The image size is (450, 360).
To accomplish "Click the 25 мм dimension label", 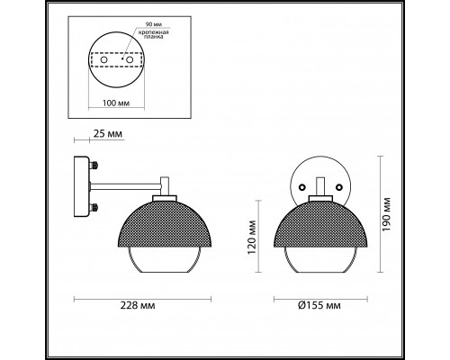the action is click(x=108, y=133).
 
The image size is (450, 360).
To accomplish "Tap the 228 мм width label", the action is click(x=138, y=305).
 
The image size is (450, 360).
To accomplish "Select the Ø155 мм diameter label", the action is click(x=319, y=305).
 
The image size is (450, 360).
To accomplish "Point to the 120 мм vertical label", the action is click(x=251, y=238).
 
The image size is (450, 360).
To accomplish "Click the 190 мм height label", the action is click(x=386, y=214).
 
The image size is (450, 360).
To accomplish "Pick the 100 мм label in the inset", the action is click(x=116, y=103).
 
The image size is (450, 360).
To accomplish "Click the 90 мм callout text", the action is click(x=152, y=24).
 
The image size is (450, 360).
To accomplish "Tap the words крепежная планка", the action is click(x=154, y=34).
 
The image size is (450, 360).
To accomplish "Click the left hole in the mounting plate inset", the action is click(x=104, y=59).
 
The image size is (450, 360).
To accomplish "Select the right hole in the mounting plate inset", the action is click(x=130, y=59).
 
